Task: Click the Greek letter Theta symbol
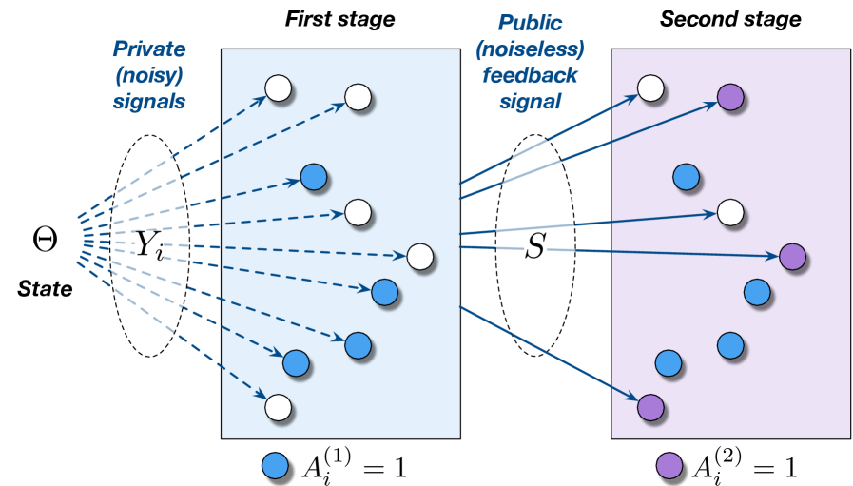45,239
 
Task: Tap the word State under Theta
45,288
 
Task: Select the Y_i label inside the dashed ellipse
148,245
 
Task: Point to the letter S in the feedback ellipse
534,246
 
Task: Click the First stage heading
340,20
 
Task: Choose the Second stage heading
730,20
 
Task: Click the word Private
149,49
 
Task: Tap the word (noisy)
149,75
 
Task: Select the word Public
530,24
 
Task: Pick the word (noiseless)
530,49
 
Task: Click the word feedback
530,75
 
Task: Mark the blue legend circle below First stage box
275,466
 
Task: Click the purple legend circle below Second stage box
669,466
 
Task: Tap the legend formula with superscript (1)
354,466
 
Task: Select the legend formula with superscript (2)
745,466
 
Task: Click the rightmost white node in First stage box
420,257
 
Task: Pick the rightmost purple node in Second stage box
792,257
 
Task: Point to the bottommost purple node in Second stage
650,408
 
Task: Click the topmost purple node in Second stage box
730,97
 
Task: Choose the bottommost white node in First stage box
278,408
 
